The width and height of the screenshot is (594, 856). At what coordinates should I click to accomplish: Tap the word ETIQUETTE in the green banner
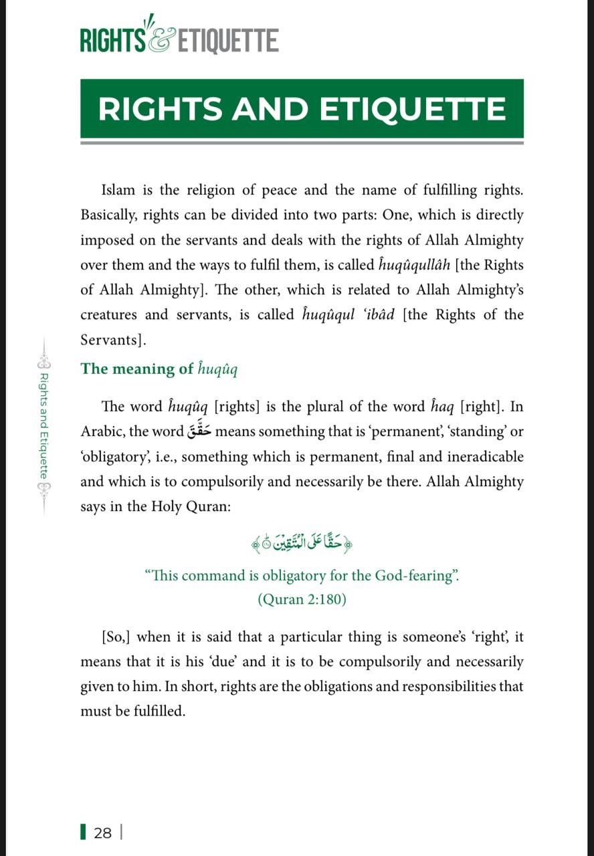tap(412, 109)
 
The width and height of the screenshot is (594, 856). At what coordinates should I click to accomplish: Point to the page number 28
tap(103, 833)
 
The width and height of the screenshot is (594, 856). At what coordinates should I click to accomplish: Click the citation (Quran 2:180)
tap(302, 599)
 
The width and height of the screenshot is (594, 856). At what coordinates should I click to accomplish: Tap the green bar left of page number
tap(83, 833)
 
